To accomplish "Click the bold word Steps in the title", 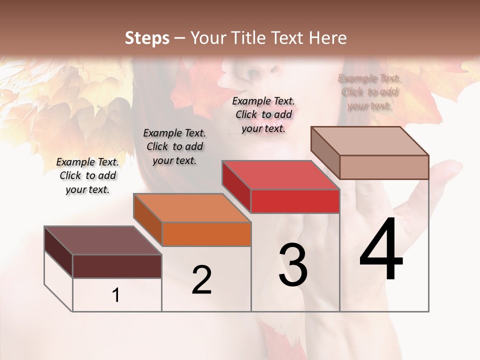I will tap(147, 38).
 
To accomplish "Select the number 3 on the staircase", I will tap(293, 265).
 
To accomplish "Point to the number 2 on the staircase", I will tap(201, 280).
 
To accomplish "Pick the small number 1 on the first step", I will tap(116, 295).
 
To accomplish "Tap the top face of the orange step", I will tap(192, 208).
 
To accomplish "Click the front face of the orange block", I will tap(206, 234).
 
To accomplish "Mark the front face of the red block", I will tap(295, 201).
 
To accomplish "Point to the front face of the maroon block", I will tap(117, 266).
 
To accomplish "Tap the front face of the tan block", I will tap(384, 167).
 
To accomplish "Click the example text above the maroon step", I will tap(87, 175).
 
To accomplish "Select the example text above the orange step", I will tap(174, 146).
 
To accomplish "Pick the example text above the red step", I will tap(263, 114).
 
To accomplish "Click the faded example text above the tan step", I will tap(369, 92).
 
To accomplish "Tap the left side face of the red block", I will tap(236, 186).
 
